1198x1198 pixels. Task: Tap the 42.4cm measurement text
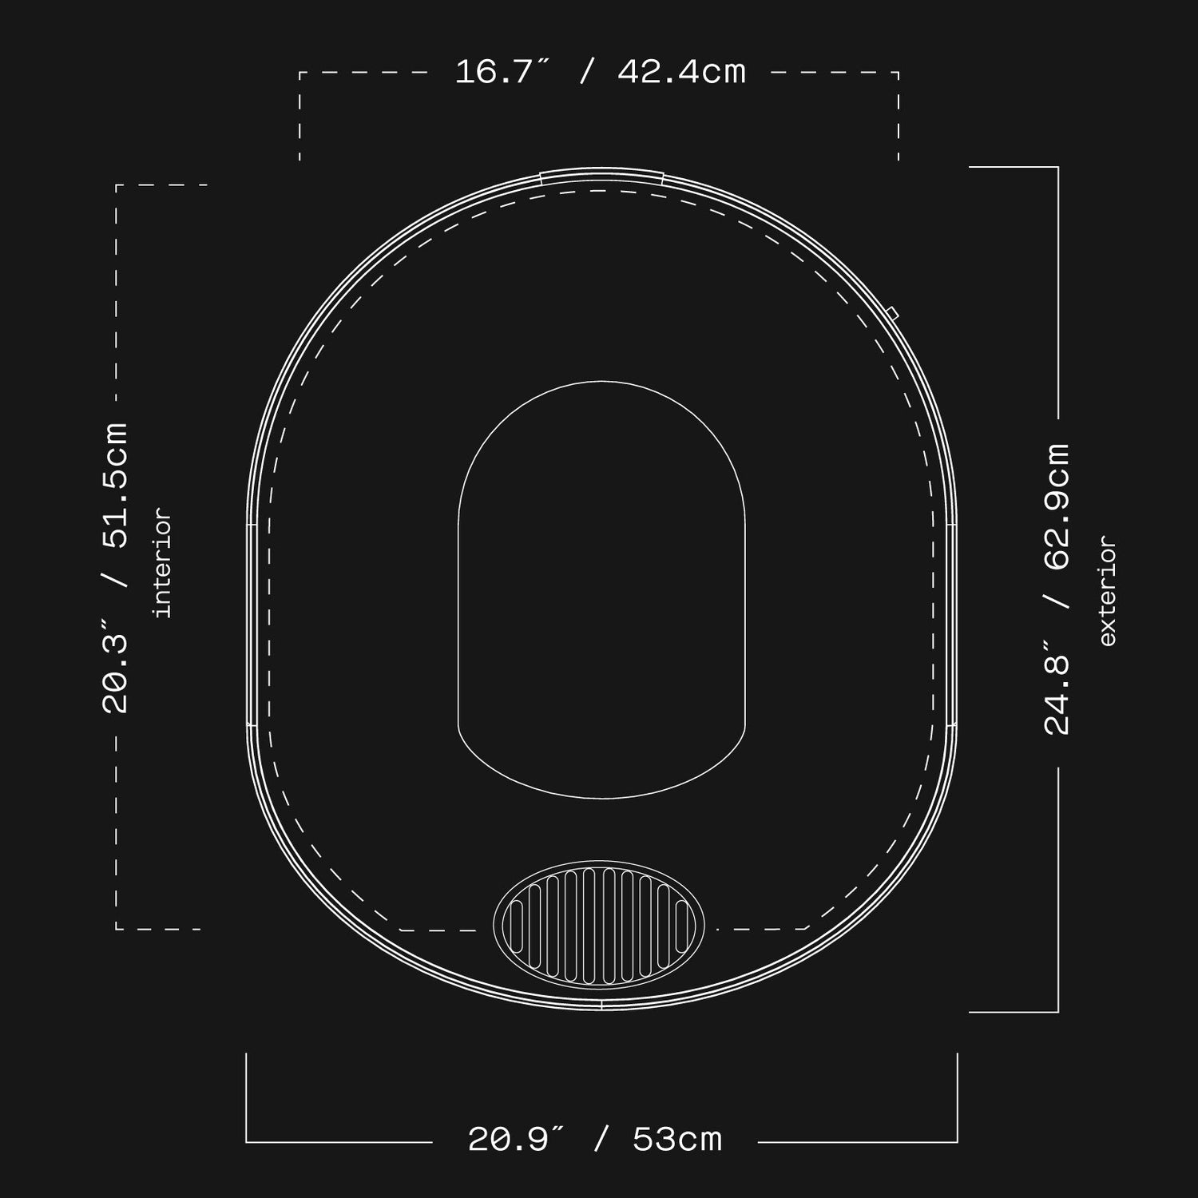pyautogui.click(x=682, y=73)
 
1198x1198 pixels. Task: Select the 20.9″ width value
pyautogui.click(x=516, y=1140)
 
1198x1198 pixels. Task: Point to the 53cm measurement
pyautogui.click(x=677, y=1140)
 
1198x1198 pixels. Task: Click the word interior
pyautogui.click(x=162, y=563)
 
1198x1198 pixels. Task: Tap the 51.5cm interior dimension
pyautogui.click(x=115, y=486)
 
